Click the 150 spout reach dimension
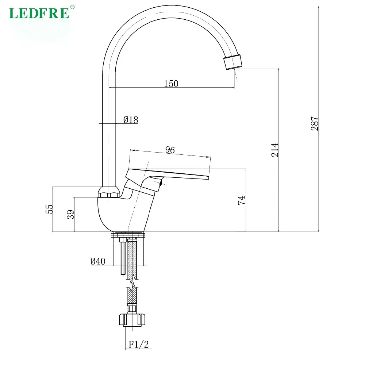point(171,84)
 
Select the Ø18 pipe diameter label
point(131,120)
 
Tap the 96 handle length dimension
point(170,150)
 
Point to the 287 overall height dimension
point(315,124)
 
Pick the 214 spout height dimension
point(275,150)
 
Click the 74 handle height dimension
point(241,200)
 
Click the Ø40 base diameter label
point(98,261)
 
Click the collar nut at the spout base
point(109,192)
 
